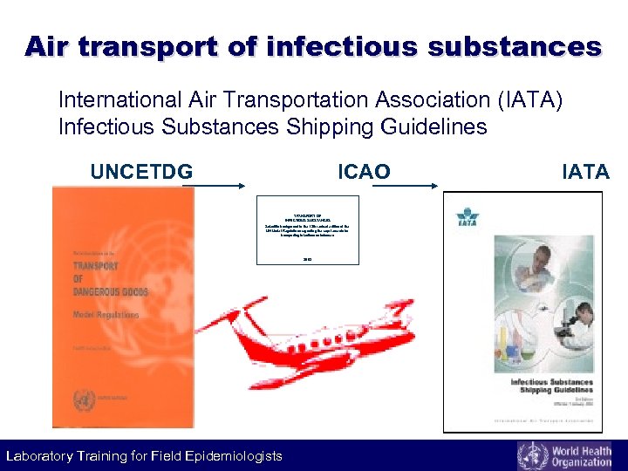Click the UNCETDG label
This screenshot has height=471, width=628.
coord(142,172)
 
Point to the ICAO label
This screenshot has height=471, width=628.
coord(364,172)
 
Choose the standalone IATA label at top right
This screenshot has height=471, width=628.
coord(585,172)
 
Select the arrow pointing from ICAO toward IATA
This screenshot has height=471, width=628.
coord(413,185)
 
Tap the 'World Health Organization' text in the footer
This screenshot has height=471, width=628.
coord(585,456)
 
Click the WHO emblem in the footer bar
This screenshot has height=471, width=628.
coord(533,456)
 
